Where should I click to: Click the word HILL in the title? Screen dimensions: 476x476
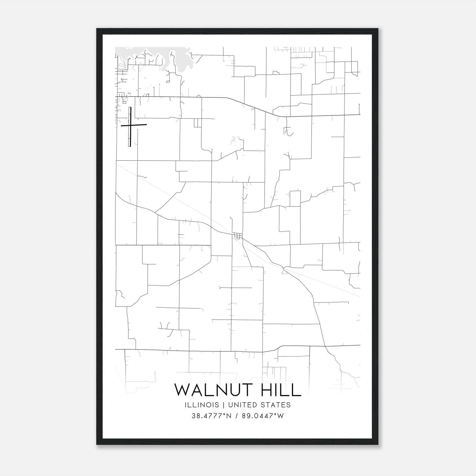click(x=281, y=390)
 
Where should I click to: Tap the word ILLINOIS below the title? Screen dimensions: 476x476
click(x=202, y=405)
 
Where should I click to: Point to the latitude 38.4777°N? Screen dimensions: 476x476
click(x=212, y=416)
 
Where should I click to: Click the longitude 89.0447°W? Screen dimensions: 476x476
click(x=263, y=416)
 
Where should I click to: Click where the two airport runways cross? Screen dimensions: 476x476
click(x=130, y=126)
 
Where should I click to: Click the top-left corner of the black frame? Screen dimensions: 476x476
click(x=97, y=29)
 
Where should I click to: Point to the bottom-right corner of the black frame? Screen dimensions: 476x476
click(x=378, y=444)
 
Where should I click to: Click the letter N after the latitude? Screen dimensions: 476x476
click(x=228, y=416)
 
